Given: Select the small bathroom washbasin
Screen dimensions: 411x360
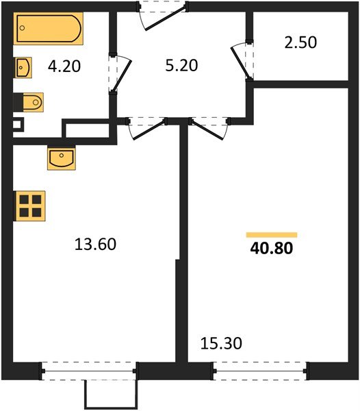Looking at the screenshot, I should [23, 67].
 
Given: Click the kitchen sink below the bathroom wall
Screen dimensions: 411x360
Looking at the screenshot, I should [62, 158].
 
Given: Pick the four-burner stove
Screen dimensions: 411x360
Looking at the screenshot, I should [30, 206].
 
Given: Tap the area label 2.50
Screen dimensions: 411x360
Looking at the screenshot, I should [300, 42].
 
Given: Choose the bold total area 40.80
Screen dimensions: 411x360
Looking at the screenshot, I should [272, 249].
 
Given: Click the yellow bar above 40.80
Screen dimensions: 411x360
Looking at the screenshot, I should [272, 234].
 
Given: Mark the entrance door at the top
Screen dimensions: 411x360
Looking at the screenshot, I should [163, 14].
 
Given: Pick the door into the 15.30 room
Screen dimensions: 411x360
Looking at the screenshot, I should [209, 127].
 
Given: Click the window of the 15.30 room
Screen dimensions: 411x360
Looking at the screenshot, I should [260, 372].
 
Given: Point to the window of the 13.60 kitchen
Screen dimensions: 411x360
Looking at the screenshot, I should [90, 372].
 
